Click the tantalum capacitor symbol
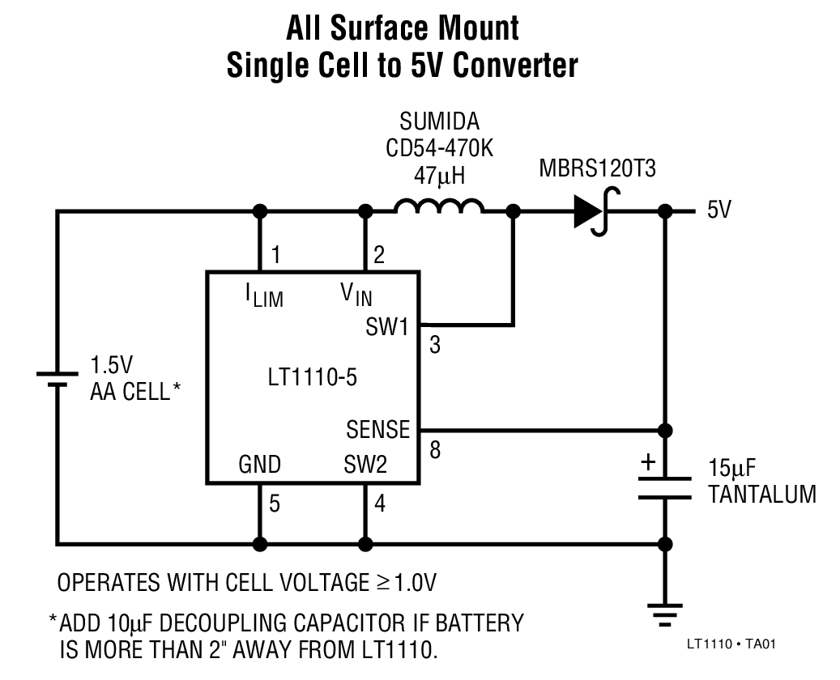tap(665, 488)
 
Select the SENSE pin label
tap(377, 428)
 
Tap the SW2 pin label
tap(365, 465)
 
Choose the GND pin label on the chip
tap(259, 465)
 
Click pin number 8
tap(436, 450)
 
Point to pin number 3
tap(436, 345)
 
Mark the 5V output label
tap(719, 210)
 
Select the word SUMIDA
tap(439, 122)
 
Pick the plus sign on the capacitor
tap(648, 463)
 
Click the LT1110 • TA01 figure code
tap(731, 644)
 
